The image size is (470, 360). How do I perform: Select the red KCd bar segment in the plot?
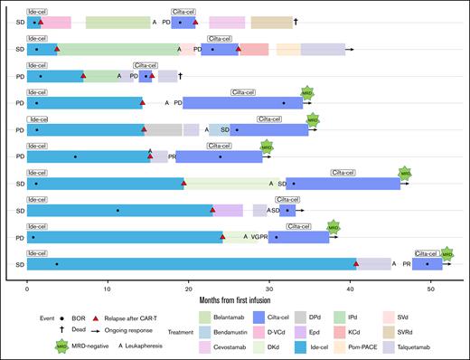point(254,50)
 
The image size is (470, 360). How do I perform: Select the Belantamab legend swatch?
point(204,316)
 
